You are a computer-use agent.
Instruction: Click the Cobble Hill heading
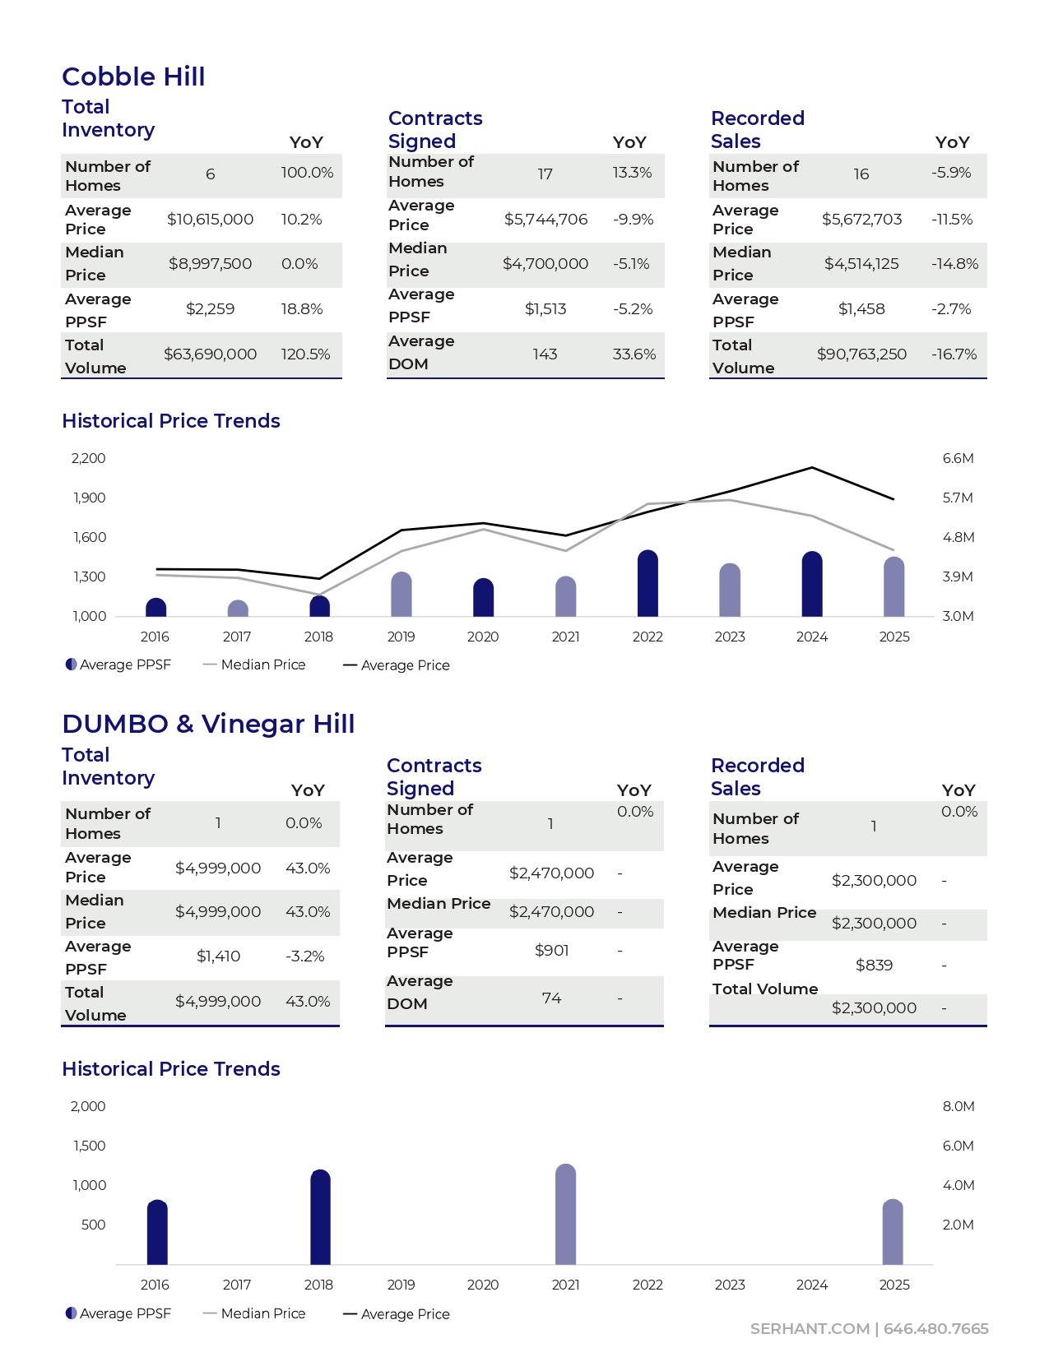click(x=133, y=76)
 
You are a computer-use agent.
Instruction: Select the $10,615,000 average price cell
click(x=210, y=220)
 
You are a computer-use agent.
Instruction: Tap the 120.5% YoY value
click(x=305, y=354)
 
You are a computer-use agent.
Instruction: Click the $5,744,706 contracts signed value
click(x=545, y=220)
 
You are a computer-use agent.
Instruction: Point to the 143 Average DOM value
click(x=545, y=354)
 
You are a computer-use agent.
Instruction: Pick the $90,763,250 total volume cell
click(x=861, y=354)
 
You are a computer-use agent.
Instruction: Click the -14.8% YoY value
click(x=954, y=264)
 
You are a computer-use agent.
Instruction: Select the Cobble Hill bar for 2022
click(x=648, y=584)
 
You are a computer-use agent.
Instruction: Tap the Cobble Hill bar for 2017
click(x=238, y=609)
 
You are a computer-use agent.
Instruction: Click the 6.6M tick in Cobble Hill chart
click(x=958, y=459)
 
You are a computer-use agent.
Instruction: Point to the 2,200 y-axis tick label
click(x=89, y=459)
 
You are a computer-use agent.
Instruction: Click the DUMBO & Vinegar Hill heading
click(x=208, y=724)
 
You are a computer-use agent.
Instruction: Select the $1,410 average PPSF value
click(x=218, y=956)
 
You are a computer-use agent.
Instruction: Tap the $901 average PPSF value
click(x=551, y=951)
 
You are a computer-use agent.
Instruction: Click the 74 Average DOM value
click(x=551, y=998)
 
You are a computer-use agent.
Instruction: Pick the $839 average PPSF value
click(x=874, y=966)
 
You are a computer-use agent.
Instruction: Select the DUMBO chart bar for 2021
click(x=566, y=1215)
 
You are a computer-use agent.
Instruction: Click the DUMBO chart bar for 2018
click(x=320, y=1217)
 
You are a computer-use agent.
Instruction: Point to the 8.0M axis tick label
click(x=958, y=1107)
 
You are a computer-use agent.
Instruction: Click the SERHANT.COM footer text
click(x=810, y=1329)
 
